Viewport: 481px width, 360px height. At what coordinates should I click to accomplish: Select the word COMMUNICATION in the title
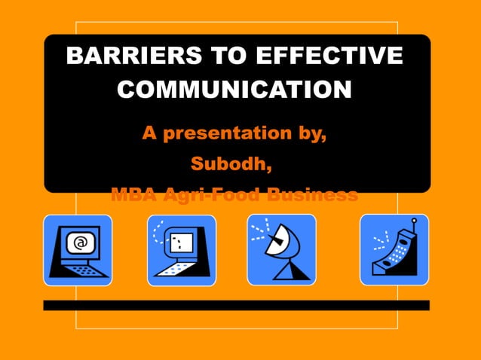tap(235, 90)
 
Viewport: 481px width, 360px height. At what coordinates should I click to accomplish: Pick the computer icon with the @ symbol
tap(77, 250)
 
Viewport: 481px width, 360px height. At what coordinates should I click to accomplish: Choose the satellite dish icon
tap(281, 250)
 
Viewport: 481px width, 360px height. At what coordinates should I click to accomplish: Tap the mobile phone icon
tap(394, 250)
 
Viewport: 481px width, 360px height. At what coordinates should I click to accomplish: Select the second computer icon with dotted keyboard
tap(181, 250)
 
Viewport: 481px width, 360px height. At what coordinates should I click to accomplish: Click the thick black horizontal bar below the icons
tap(236, 305)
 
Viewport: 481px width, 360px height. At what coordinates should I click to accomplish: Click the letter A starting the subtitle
tap(149, 135)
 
